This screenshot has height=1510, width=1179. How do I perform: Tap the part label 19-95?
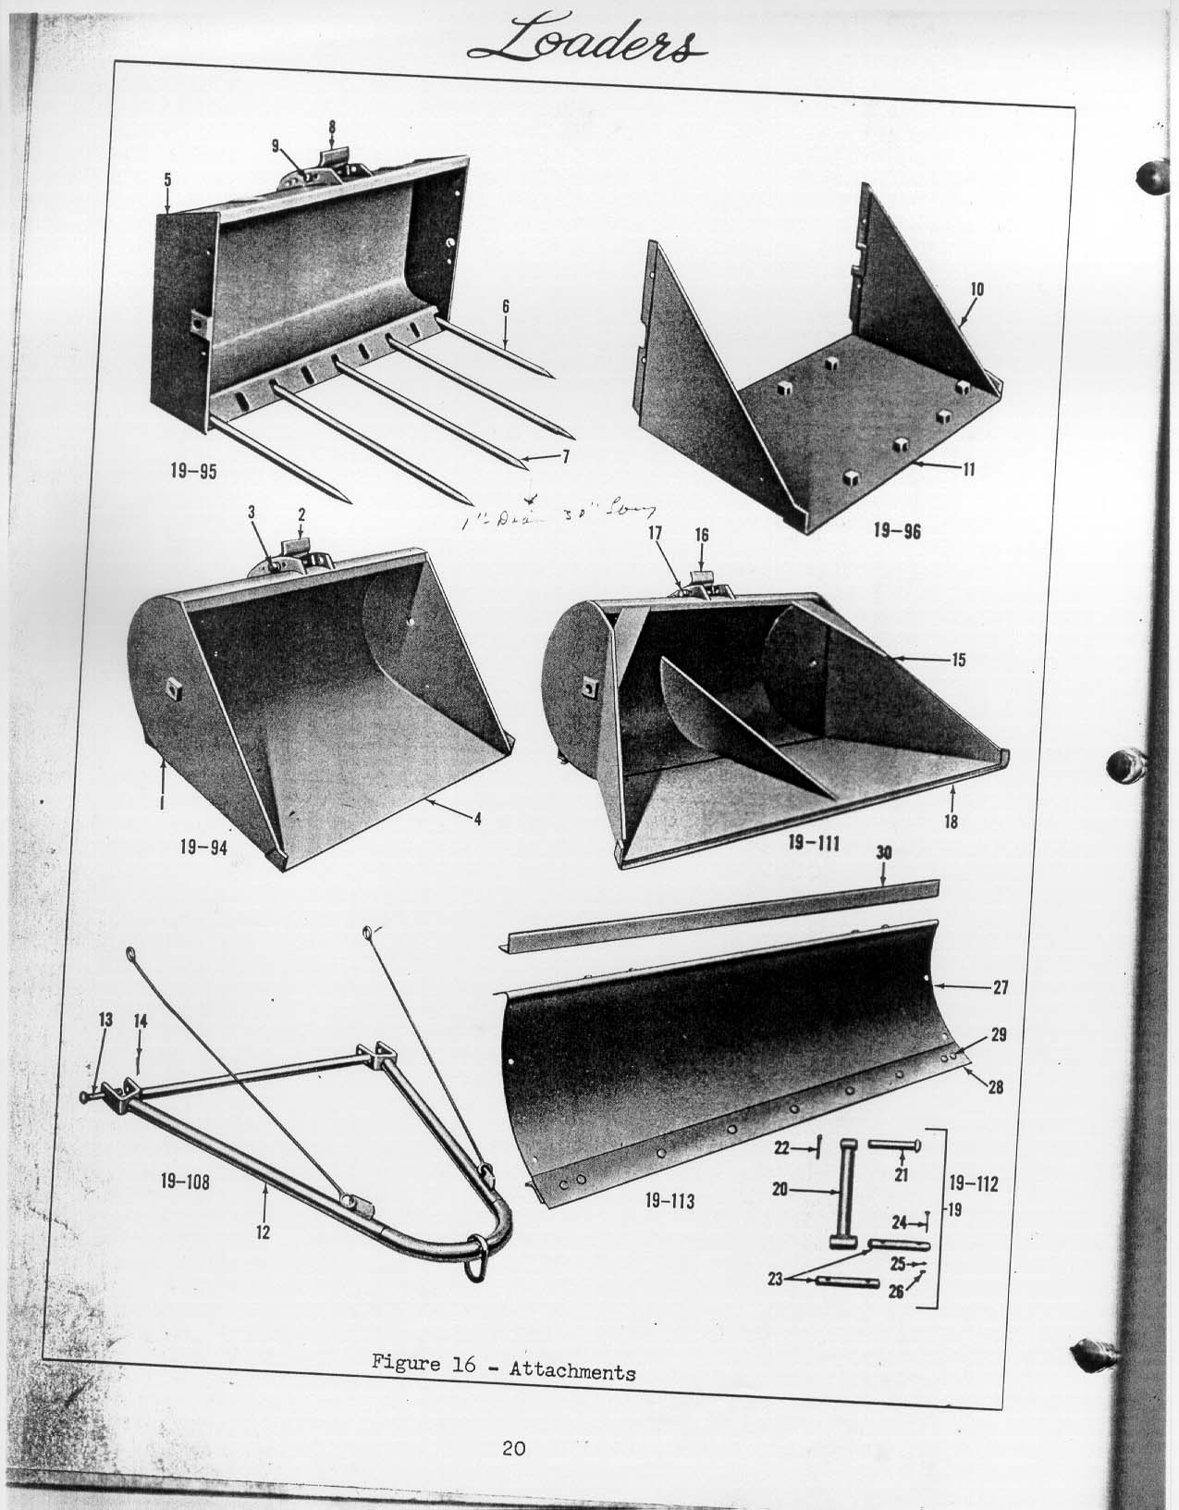pos(193,471)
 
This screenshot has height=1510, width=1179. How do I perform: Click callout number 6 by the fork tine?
pos(506,306)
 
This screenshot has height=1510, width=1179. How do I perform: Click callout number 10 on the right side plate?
pos(976,289)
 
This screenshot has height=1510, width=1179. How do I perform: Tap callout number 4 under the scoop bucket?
pos(478,819)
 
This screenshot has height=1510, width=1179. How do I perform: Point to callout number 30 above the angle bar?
pos(883,852)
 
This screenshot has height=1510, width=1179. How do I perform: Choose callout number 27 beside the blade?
pos(1000,987)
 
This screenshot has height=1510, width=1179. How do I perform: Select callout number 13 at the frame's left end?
pos(105,1020)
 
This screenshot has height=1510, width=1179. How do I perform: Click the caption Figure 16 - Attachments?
pos(503,1367)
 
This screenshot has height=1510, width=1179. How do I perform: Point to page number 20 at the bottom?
pos(514,1449)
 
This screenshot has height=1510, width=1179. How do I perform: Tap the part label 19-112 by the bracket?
pos(974,1183)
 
